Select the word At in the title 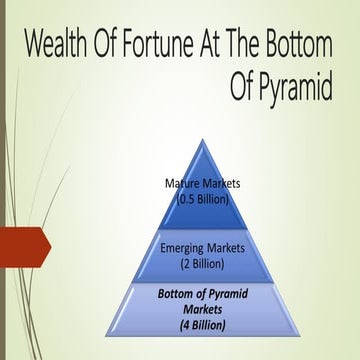click(x=216, y=46)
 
